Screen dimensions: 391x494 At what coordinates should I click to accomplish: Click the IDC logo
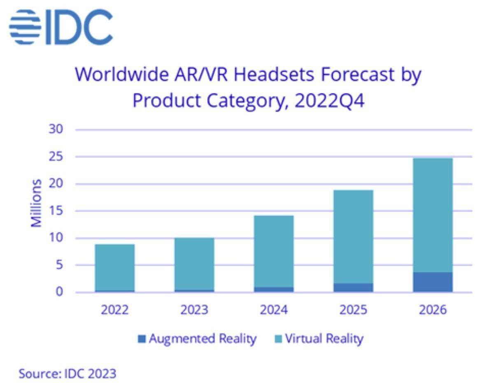61,27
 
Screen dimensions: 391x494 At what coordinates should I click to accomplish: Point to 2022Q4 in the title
330,101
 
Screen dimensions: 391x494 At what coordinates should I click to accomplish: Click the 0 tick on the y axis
60,292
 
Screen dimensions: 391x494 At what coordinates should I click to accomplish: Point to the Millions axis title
36,203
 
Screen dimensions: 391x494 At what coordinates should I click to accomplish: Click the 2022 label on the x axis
114,310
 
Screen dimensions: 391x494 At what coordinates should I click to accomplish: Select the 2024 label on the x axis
273,310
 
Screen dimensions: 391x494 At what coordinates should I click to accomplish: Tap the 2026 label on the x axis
433,310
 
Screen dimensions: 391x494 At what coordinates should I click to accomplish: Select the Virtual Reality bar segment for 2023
194,264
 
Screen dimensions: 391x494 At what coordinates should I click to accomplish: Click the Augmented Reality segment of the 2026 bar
433,282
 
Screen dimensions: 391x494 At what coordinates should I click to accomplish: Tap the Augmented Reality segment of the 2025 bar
353,287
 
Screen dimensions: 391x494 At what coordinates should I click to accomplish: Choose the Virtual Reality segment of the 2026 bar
433,215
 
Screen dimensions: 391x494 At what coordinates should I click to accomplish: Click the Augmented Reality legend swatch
142,339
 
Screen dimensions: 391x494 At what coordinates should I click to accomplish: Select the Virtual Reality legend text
324,339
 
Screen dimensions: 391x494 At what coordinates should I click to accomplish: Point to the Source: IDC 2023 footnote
68,374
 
